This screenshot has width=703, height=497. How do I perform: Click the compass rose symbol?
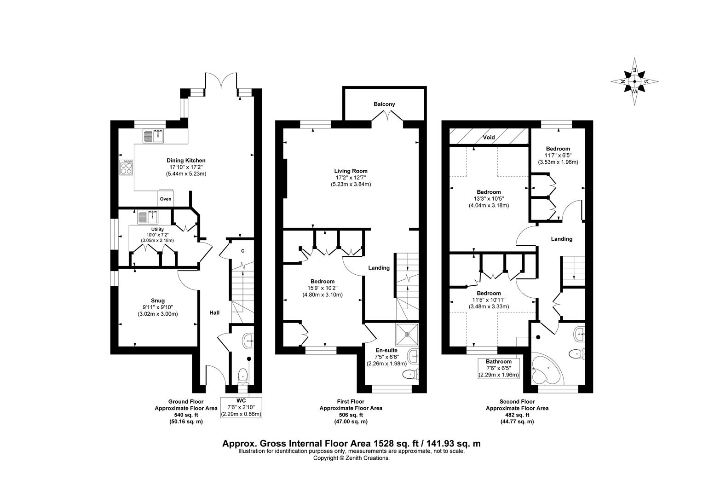click(x=634, y=81)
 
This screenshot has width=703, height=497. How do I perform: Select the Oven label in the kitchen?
click(x=166, y=199)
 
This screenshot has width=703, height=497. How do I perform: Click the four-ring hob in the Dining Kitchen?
click(x=127, y=168)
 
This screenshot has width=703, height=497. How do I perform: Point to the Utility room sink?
click(x=148, y=217)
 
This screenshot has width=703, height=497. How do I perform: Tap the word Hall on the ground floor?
click(x=214, y=313)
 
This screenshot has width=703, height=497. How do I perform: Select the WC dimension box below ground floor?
click(x=242, y=407)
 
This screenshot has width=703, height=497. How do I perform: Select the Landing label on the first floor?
click(x=379, y=268)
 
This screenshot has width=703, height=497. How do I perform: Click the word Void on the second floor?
click(x=489, y=137)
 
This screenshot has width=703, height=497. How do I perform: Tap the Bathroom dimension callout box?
click(x=498, y=368)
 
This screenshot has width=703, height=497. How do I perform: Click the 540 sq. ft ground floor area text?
click(x=179, y=415)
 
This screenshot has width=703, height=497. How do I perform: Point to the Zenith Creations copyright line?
click(x=351, y=458)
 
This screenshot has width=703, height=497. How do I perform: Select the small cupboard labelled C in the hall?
click(x=242, y=251)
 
